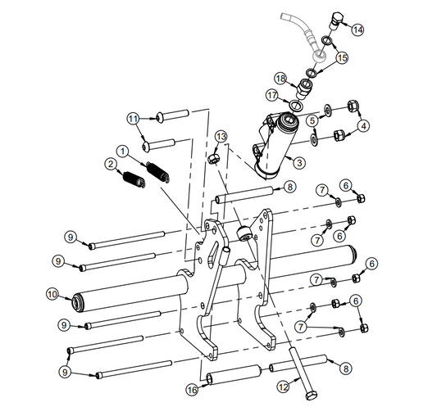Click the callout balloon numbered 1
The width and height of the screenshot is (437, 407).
point(122,151)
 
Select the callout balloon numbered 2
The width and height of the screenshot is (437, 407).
point(109,164)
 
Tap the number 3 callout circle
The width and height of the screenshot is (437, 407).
point(299,163)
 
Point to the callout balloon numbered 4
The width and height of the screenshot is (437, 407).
point(364,125)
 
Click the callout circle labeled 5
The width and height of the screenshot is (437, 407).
point(312,121)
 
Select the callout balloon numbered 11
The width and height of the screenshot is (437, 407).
point(133,119)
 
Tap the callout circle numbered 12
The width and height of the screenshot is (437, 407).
point(283,386)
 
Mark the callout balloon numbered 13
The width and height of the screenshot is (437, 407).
point(221,135)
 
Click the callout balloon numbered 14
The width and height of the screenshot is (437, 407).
point(357,29)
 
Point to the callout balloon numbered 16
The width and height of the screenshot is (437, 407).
point(192,389)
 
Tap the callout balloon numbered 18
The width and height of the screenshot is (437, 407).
point(280,79)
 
